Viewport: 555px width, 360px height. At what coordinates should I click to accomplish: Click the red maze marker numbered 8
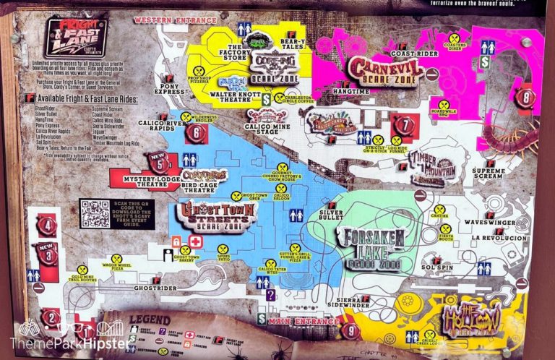pos(525,97)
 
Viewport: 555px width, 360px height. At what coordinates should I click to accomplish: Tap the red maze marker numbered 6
pos(195,132)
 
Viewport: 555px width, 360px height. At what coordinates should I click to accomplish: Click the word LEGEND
pos(149,320)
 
